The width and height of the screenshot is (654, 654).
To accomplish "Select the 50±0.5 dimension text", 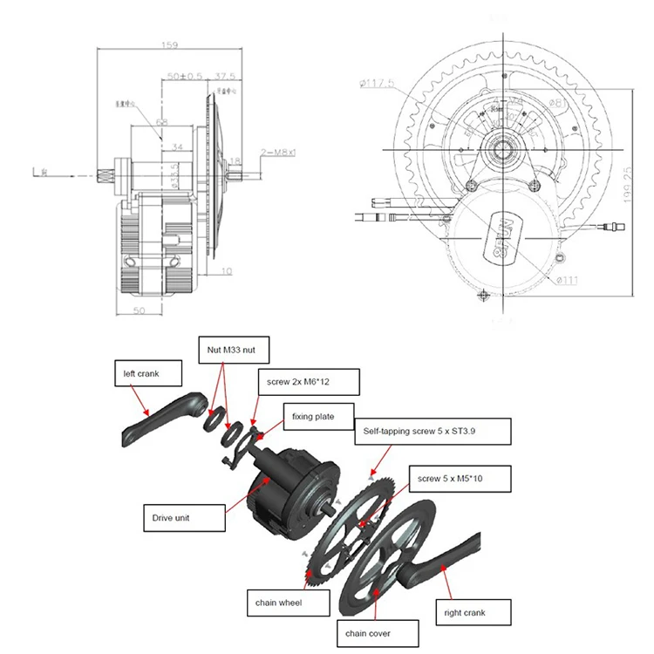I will click(x=184, y=77).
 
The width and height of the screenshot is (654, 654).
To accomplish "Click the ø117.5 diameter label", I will click(x=377, y=85).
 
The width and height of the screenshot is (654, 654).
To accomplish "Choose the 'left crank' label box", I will click(x=148, y=375).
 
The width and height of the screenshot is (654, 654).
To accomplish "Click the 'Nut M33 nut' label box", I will click(x=231, y=349).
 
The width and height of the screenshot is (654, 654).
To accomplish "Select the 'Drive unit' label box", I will click(x=180, y=518).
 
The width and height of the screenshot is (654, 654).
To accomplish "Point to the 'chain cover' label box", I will click(x=371, y=632).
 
